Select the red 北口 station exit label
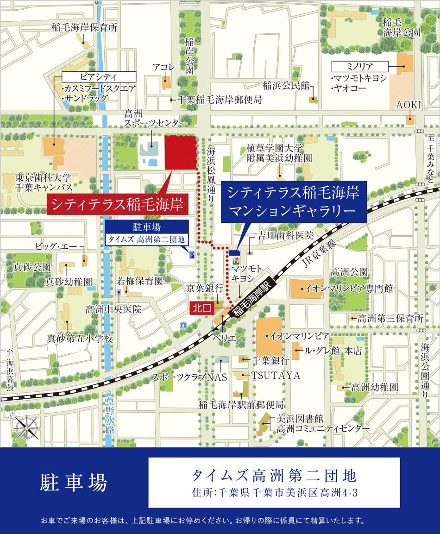pyautogui.click(x=200, y=307)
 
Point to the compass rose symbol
pyautogui.click(x=24, y=423)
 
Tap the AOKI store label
pyautogui.click(x=408, y=106)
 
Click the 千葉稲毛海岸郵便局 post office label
pyautogui.click(x=219, y=100)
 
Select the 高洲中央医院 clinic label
pyautogui.click(x=113, y=309)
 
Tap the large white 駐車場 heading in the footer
pyautogui.click(x=74, y=483)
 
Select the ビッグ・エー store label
pyautogui.click(x=53, y=246)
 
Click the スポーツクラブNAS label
pyautogui.click(x=190, y=377)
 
